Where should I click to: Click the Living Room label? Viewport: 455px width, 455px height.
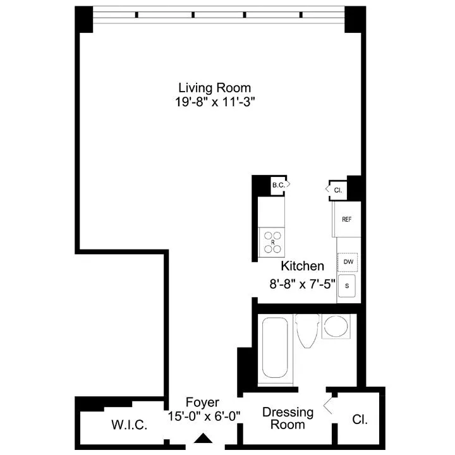point(214,88)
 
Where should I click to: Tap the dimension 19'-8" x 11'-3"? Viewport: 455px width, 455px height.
point(214,101)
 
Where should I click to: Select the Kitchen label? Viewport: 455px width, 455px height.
point(303,266)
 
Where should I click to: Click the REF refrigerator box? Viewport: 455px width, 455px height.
point(347,219)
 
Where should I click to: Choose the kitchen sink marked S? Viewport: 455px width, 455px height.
point(347,285)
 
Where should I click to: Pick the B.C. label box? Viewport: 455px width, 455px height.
point(279,185)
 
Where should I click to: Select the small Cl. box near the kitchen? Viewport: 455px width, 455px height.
point(336,188)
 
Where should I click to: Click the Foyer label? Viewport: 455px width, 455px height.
point(202,403)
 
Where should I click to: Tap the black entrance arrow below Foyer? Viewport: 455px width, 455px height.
point(202,438)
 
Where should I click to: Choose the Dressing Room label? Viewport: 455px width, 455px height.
point(288,418)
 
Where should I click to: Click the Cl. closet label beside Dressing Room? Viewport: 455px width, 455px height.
point(360,419)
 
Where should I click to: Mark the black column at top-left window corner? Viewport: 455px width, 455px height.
point(84,20)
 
